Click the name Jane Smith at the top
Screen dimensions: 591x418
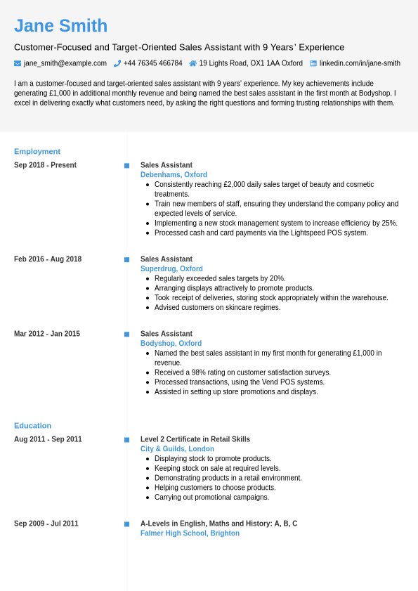pos(60,26)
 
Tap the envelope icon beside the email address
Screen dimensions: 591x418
pos(18,63)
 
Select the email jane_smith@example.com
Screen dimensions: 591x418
pos(65,63)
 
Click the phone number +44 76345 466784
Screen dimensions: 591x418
pos(152,63)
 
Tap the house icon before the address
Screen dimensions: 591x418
pos(193,63)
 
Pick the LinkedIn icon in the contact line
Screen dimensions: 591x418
pos(313,63)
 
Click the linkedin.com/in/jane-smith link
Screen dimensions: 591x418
pos(360,63)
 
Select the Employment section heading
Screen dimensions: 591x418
pos(37,151)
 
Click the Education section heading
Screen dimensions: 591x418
pos(32,425)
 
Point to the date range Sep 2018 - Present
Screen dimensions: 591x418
pos(45,165)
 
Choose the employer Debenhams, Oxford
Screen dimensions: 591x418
pos(174,175)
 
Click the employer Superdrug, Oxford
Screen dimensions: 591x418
pos(171,268)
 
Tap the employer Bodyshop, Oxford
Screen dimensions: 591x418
pos(171,344)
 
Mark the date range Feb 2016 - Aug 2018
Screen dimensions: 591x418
pos(48,259)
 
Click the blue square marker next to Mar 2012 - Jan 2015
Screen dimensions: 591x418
pos(126,335)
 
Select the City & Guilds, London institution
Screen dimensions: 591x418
pos(177,449)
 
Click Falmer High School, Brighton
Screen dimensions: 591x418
pos(190,533)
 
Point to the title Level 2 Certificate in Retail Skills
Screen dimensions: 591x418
pos(195,439)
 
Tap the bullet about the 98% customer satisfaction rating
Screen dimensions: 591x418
pos(242,372)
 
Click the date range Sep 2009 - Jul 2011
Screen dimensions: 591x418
pos(46,524)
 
